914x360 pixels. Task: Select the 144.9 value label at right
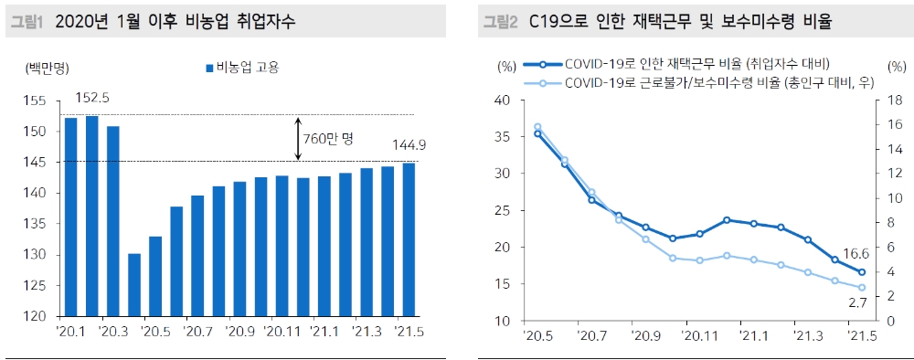click(409, 144)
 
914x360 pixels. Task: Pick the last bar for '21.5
click(408, 240)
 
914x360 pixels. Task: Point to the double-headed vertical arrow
click(299, 139)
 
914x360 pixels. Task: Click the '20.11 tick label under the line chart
click(697, 336)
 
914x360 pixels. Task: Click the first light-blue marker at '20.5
click(537, 127)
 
